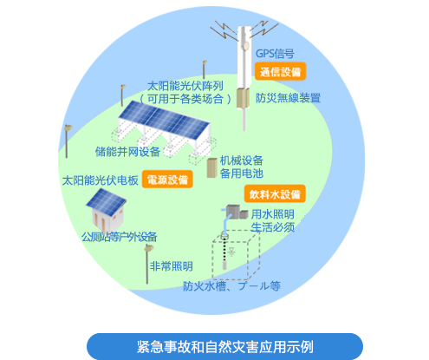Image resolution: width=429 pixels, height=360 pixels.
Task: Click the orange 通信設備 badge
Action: pos(280,71)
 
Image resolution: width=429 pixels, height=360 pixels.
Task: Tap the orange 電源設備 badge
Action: pos(167,180)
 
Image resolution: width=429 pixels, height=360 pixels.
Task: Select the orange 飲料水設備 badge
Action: pos(275,193)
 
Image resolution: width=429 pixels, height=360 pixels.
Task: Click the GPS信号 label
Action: pos(275,54)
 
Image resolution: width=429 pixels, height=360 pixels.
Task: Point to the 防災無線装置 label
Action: pos(288,98)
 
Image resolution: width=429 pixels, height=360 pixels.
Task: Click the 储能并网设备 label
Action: pos(127,152)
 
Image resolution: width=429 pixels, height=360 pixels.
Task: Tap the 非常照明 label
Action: pos(172,266)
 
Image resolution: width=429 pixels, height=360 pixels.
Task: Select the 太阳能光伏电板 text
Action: pos(101,180)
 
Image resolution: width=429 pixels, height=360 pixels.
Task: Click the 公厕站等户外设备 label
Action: pos(119,237)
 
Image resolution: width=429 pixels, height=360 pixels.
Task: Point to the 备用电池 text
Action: pos(242,173)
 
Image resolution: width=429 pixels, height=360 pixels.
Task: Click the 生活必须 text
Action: pos(272,227)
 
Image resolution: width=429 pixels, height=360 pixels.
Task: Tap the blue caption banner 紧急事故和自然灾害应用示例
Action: pos(224,346)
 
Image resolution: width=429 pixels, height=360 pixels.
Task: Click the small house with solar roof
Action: pos(106,210)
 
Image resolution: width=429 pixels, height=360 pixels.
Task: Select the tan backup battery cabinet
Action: pos(212,167)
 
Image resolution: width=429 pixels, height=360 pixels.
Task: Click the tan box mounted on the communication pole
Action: pos(243,98)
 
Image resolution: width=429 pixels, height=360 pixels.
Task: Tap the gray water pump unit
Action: pos(237,212)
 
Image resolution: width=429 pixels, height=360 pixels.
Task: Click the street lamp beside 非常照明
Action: pos(148,264)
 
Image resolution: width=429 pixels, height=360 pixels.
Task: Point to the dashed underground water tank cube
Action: pos(236,255)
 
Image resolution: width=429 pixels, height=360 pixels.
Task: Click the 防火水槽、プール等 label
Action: pos(231,286)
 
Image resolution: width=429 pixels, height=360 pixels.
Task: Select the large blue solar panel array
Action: pos(164,121)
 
